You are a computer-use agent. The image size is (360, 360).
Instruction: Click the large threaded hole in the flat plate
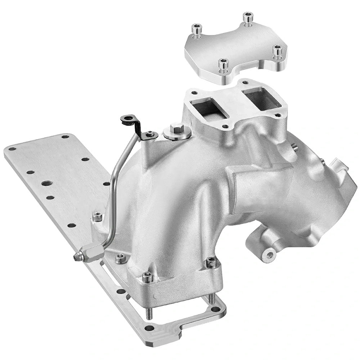coord(46,183)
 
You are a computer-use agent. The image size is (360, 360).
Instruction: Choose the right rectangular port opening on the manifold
coord(262,95)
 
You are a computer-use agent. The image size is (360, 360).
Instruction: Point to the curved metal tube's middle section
coord(114,187)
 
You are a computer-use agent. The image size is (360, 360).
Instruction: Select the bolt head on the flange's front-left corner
coord(148,276)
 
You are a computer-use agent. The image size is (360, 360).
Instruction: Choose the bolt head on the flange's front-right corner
coord(212,263)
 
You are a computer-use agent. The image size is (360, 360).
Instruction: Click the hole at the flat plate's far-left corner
coord(12,149)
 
